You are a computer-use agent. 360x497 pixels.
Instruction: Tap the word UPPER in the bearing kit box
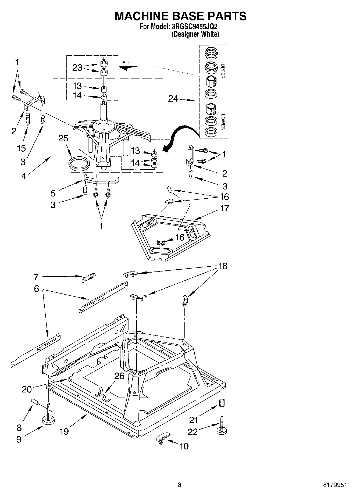point(222,71)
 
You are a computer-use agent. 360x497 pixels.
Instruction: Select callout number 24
point(173,99)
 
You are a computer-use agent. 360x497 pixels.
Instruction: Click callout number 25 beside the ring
point(63,138)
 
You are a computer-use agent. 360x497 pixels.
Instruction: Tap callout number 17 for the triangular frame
point(224,208)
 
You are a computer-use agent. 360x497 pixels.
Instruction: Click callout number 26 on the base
point(119,376)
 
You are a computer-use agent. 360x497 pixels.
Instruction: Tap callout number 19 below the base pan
point(65,432)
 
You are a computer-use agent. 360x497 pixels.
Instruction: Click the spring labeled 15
point(28,119)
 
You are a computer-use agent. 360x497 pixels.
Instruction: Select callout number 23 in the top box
point(77,68)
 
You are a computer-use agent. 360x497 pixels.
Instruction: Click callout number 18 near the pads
point(223,266)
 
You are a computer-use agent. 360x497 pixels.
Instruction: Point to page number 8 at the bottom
point(180,485)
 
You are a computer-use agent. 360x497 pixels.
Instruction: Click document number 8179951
point(335,485)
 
